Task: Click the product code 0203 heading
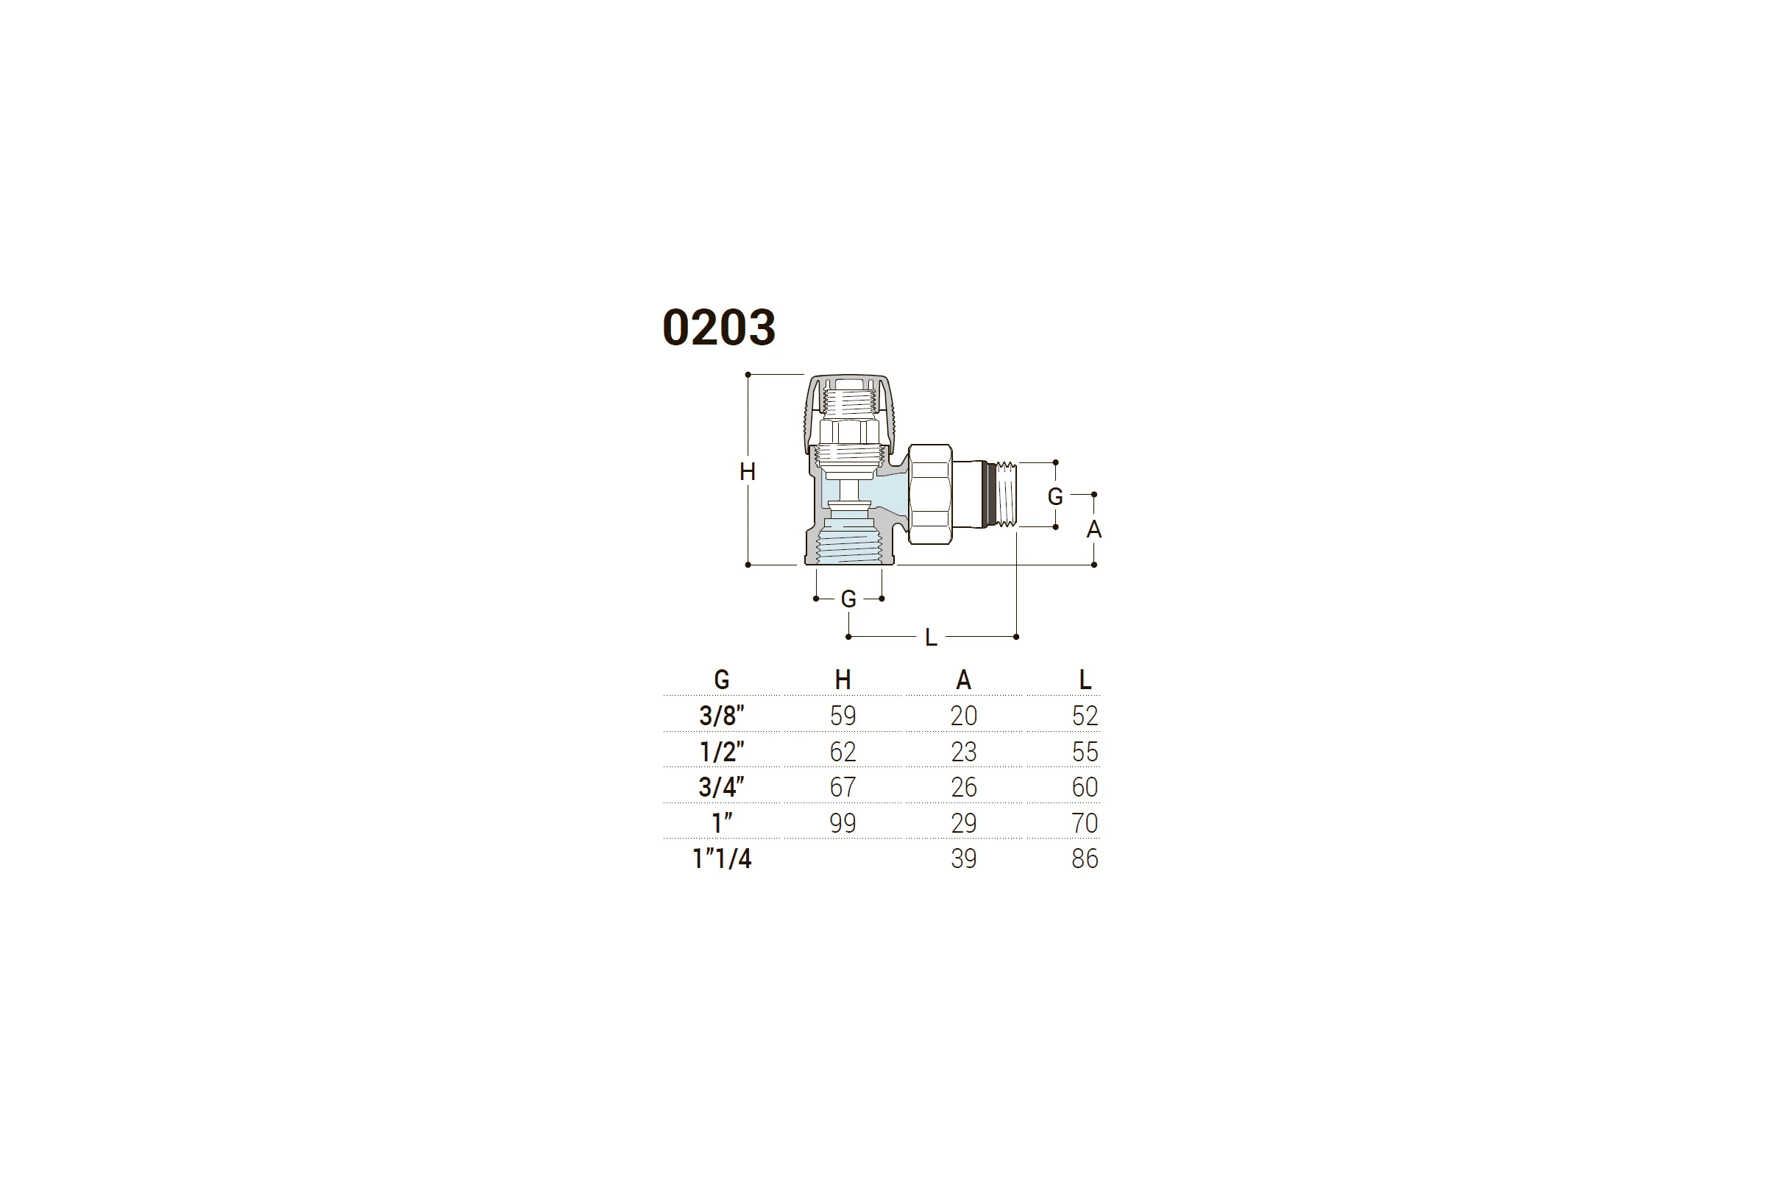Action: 719,328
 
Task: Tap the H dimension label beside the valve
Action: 747,472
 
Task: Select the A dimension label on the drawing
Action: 1094,529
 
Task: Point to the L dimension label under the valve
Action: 931,638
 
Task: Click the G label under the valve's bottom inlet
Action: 848,599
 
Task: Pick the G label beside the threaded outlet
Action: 1055,496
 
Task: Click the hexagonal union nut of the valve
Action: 930,493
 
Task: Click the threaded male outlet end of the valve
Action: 1002,494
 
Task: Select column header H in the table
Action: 843,680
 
